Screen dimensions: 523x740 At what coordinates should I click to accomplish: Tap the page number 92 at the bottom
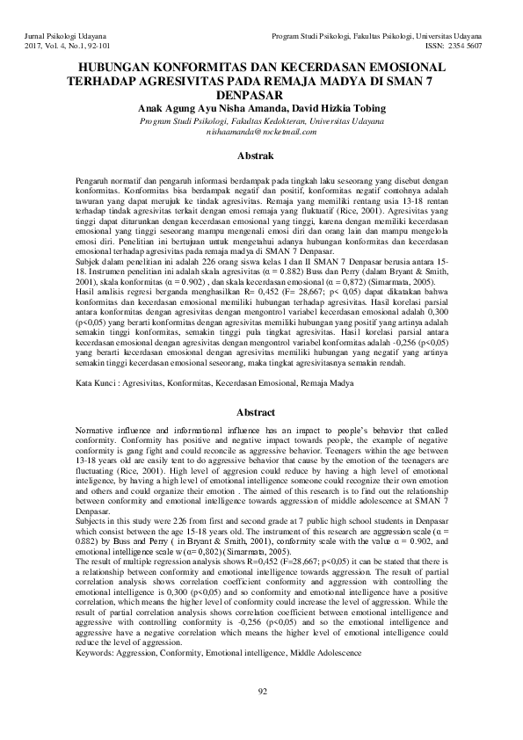coord(262,692)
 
